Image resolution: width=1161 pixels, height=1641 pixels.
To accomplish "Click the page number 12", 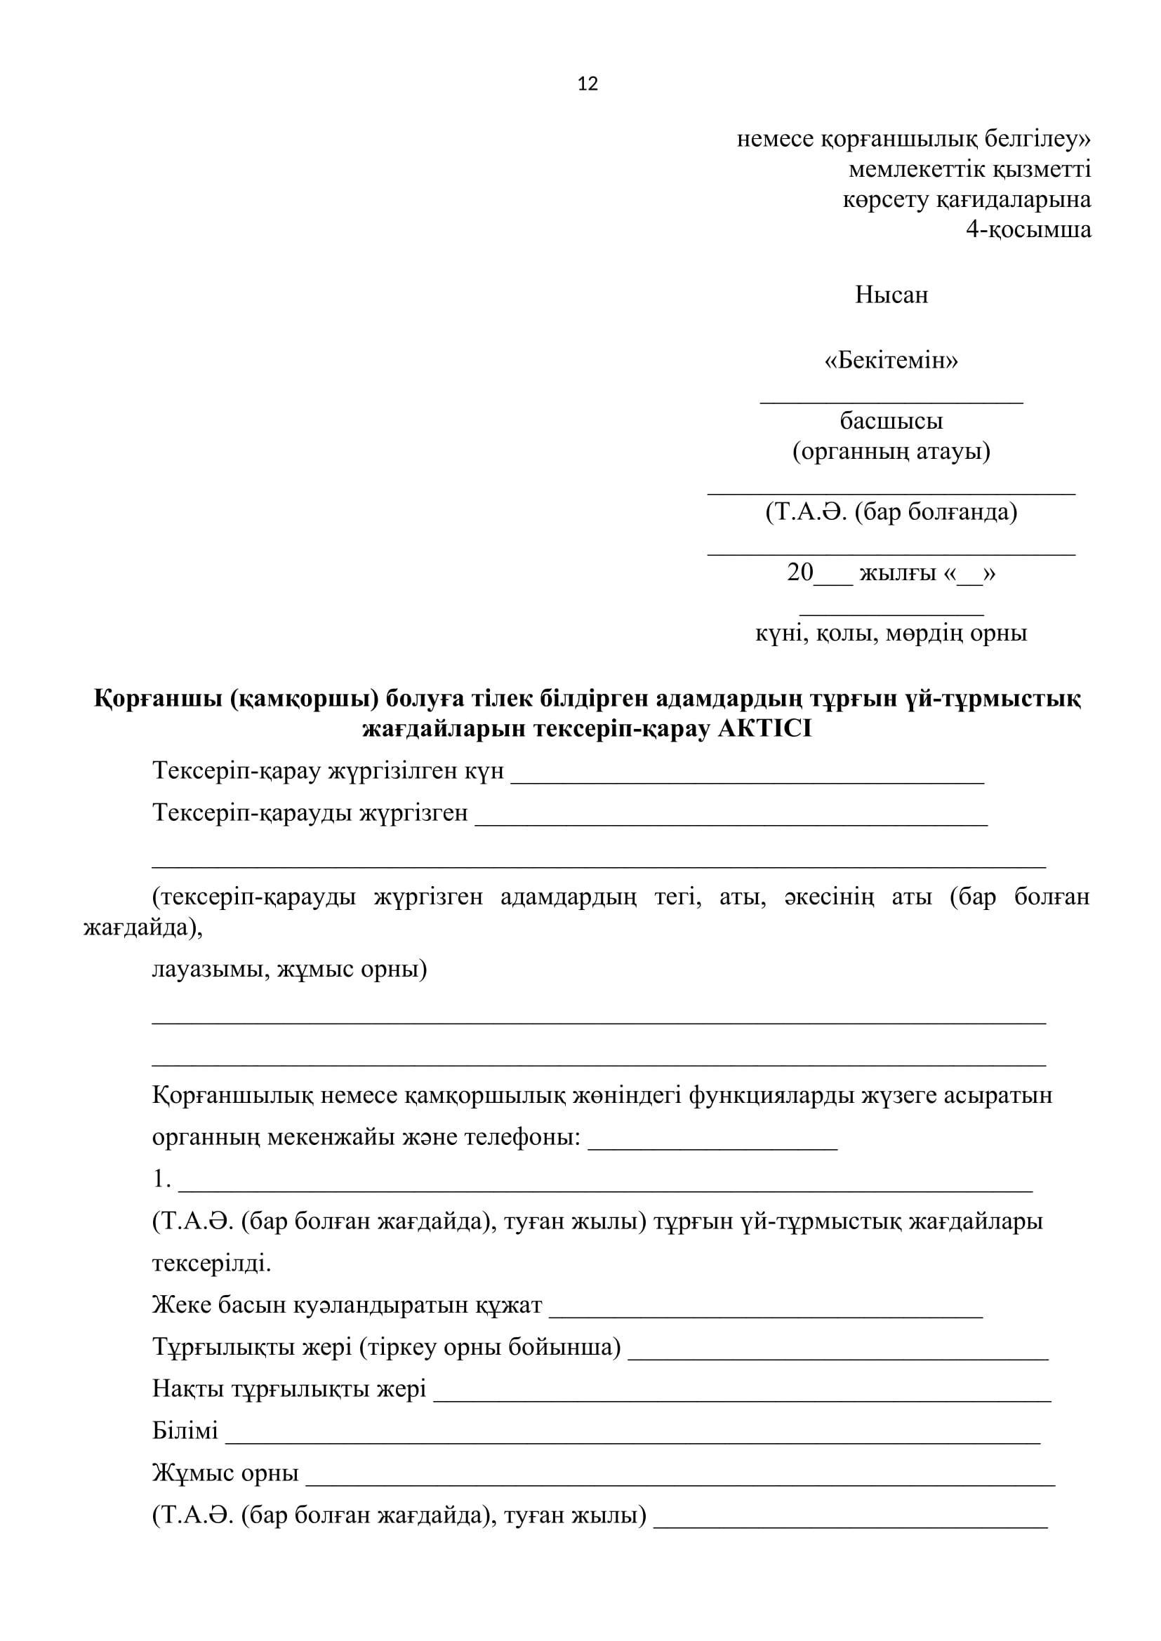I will click(x=587, y=84).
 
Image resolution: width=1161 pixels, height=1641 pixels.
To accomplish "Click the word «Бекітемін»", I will click(x=891, y=360).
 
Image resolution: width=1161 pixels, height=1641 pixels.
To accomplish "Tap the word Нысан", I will click(x=891, y=295).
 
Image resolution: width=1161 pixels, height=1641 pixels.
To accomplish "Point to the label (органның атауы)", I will click(x=891, y=451).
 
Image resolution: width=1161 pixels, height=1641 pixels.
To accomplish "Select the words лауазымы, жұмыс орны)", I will click(x=289, y=970).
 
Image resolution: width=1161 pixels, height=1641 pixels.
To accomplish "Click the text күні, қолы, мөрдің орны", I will click(x=891, y=633).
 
